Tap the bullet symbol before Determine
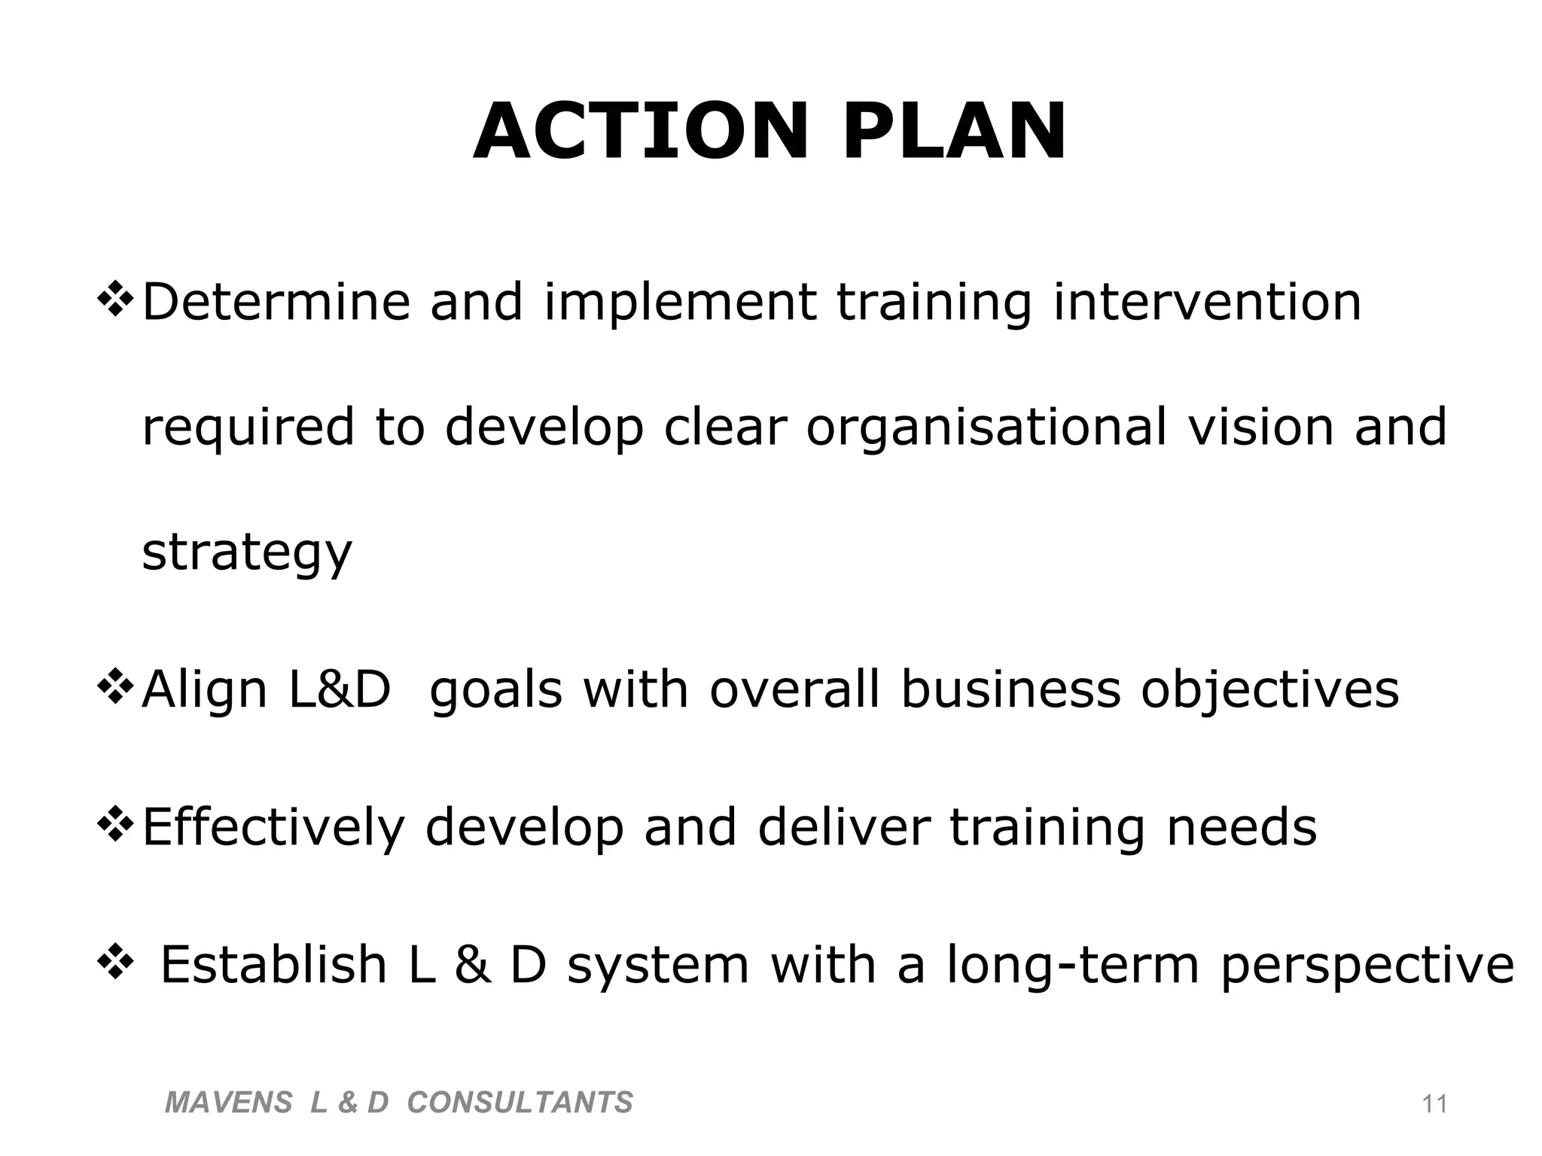[115, 300]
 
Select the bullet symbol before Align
[115, 688]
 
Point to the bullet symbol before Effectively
[115, 826]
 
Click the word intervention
[1207, 302]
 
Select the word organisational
[987, 427]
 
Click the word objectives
[1269, 691]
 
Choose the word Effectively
[273, 829]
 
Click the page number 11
[1434, 1104]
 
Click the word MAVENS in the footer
[228, 1103]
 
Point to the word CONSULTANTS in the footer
[520, 1103]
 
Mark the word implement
[680, 303]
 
